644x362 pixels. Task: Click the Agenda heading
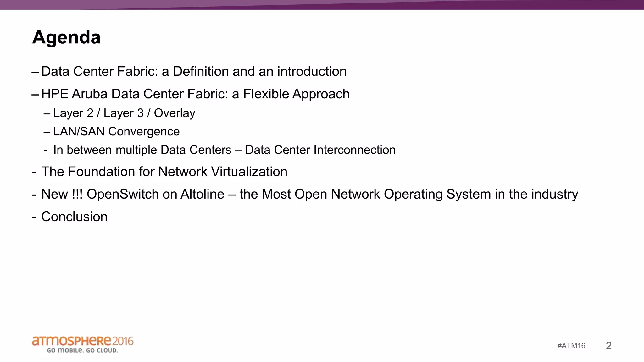click(66, 37)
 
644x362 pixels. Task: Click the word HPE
click(55, 94)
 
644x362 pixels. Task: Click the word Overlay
click(175, 113)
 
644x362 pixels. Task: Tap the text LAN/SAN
click(79, 131)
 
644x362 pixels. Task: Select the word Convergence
click(144, 132)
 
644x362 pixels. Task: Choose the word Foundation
click(101, 172)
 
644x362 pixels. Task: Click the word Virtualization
click(249, 172)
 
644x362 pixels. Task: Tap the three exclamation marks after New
click(77, 194)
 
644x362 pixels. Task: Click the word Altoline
click(202, 194)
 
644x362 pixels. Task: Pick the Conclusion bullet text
click(74, 217)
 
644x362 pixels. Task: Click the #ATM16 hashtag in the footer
click(571, 346)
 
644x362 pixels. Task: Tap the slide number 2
click(608, 346)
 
